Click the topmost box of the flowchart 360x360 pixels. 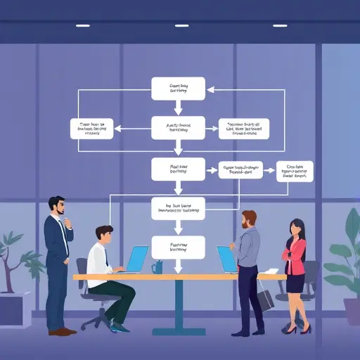pyautogui.click(x=178, y=88)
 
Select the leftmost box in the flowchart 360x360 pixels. pyautogui.click(x=92, y=129)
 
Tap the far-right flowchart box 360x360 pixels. pyautogui.click(x=295, y=171)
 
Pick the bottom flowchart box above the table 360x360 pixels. pyautogui.click(x=178, y=247)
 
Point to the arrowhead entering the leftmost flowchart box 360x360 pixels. pyautogui.click(x=117, y=129)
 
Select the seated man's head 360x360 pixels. pyautogui.click(x=103, y=236)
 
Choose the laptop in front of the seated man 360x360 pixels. pyautogui.click(x=137, y=258)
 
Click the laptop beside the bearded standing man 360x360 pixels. pyautogui.click(x=226, y=259)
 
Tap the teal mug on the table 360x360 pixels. pyautogui.click(x=157, y=267)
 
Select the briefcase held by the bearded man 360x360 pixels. pyautogui.click(x=265, y=299)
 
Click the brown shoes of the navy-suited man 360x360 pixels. pyautogui.click(x=62, y=331)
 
